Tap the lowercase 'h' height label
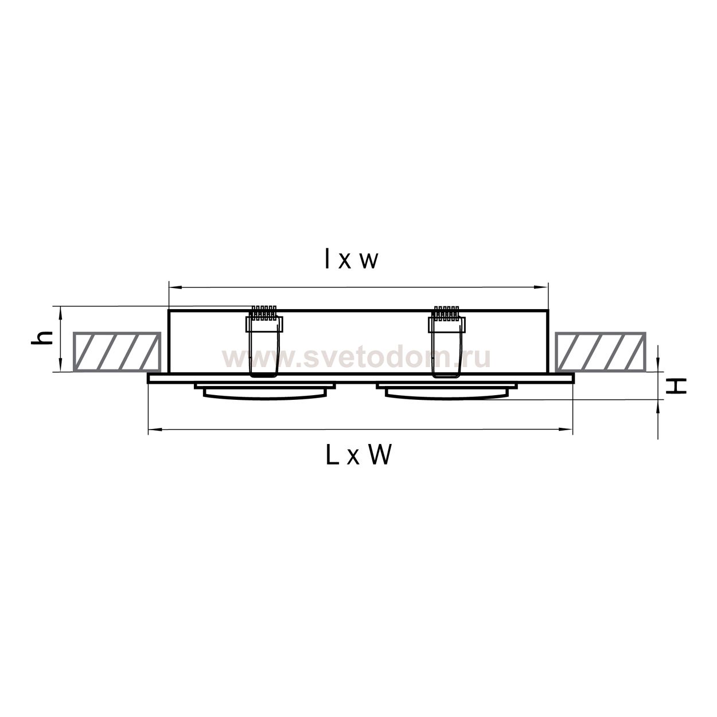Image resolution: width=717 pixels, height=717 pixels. (42, 338)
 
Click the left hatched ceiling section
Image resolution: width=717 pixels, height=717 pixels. (117, 352)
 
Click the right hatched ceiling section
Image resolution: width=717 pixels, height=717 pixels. (600, 352)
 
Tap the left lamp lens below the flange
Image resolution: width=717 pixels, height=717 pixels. (265, 394)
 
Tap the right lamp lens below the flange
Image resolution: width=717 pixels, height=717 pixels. (446, 394)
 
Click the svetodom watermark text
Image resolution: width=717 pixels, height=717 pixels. (356, 358)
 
